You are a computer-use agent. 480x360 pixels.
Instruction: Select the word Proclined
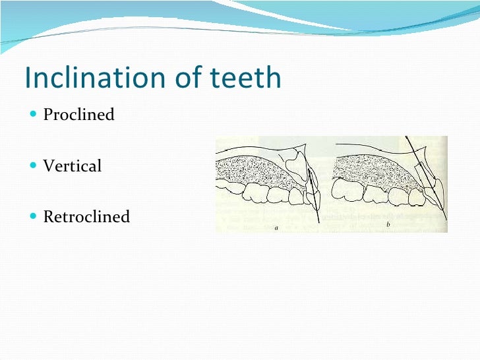pos(78,115)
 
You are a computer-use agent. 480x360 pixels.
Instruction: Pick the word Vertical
pos(72,165)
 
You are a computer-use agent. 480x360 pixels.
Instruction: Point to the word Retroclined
pos(86,216)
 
